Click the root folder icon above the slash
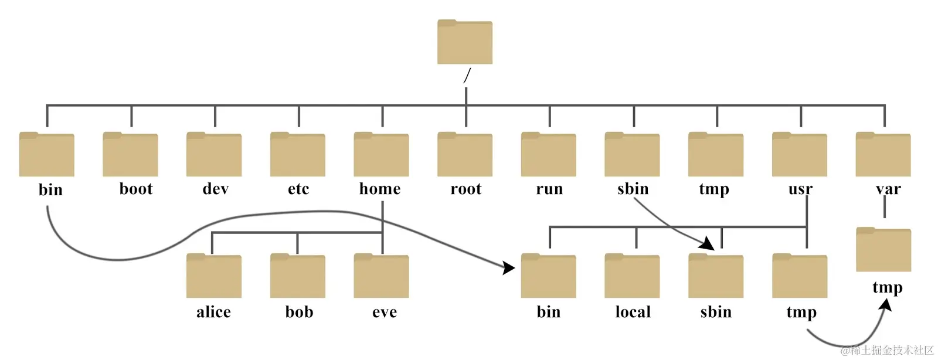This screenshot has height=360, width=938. point(464,42)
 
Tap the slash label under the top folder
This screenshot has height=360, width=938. point(467,76)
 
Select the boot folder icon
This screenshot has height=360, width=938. point(130,154)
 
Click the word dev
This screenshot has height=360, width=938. point(215,189)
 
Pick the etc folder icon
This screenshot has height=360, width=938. point(298,154)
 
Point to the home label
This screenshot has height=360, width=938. point(380,189)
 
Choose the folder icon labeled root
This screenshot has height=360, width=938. point(465,154)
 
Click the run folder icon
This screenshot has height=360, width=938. point(549,154)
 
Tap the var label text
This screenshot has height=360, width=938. point(888,189)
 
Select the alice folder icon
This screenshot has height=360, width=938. point(214,276)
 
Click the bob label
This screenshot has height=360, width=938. point(299,312)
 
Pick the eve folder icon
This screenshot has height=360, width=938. point(381,276)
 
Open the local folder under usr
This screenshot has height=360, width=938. point(632,276)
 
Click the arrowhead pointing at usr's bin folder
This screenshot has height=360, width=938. point(508,268)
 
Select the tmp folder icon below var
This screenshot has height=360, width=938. point(883,250)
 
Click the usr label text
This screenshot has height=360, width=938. point(800,189)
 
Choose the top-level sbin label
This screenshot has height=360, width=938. point(633,189)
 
